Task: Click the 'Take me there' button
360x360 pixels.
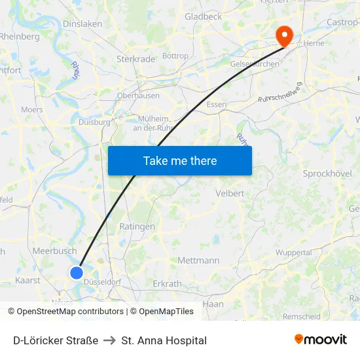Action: pos(180,160)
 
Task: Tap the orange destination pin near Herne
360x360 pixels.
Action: pos(285,35)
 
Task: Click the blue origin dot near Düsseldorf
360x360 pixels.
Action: pos(77,273)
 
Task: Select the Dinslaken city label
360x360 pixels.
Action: pos(82,24)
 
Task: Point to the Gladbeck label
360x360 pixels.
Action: pos(204,16)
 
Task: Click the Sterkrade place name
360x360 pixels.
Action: pos(135,59)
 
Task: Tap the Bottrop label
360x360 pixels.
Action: pos(175,56)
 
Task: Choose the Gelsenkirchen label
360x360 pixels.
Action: pos(255,64)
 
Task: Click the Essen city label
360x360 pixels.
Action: pos(216,105)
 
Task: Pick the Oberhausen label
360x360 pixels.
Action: pos(138,96)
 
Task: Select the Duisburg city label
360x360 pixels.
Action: pos(94,122)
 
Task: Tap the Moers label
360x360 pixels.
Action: pos(31,110)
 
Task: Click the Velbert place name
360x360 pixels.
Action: pos(230,194)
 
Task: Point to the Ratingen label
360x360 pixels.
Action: pos(137,226)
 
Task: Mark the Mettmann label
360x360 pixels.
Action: pos(198,261)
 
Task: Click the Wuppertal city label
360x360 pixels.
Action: pos(294,253)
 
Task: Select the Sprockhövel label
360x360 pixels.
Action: pos(327,173)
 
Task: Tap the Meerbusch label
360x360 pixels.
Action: pos(54,251)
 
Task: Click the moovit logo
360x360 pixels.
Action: pos(321,339)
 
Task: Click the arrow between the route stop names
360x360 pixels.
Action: pos(110,340)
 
